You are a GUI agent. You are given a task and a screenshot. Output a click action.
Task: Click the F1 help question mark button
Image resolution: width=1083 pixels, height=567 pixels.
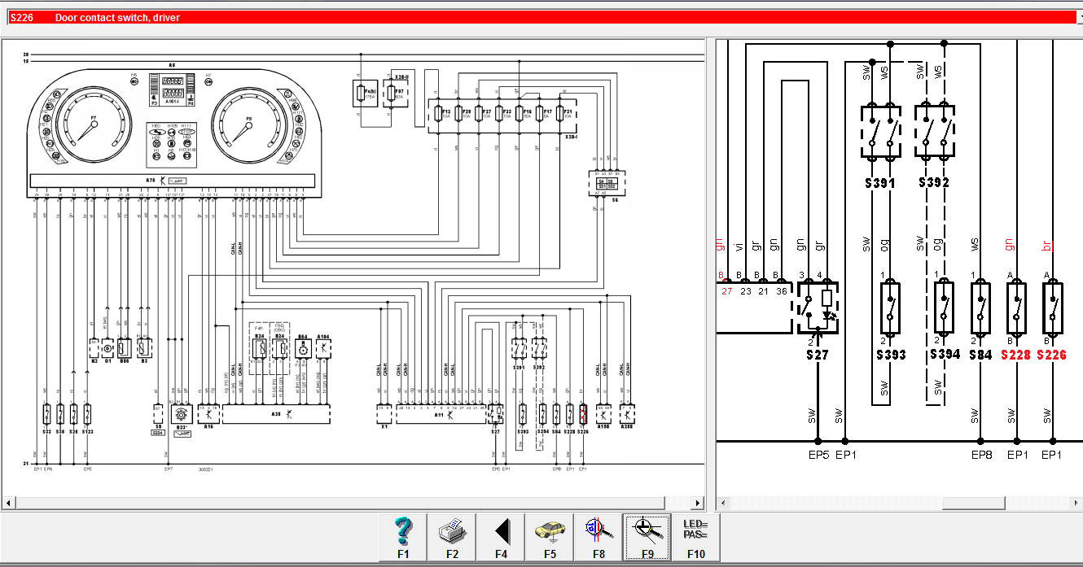point(403,536)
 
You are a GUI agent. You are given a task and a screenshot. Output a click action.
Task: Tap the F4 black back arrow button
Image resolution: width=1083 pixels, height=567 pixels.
point(501,536)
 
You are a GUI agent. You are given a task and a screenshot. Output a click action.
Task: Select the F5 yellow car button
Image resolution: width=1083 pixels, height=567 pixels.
point(550,536)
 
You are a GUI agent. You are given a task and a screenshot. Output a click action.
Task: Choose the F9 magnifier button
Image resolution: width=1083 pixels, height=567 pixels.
point(647,536)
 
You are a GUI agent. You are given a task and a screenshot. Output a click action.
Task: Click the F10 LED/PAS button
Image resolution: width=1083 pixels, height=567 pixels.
point(696,536)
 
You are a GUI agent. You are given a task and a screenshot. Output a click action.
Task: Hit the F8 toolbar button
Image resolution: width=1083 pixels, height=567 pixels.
point(598,536)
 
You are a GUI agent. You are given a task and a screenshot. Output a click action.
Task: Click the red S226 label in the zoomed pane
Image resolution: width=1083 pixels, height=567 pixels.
point(1051,355)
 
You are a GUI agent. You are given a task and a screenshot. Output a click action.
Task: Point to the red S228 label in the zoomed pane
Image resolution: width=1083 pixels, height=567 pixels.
point(1015,355)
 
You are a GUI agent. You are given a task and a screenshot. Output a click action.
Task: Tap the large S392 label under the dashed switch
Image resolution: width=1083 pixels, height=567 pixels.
point(933,183)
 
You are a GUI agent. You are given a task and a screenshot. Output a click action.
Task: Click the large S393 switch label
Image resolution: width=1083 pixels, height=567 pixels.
point(891,355)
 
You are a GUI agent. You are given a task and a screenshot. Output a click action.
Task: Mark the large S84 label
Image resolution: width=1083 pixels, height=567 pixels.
point(980,355)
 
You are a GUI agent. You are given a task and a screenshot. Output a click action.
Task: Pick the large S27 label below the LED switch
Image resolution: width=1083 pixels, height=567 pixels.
point(817,355)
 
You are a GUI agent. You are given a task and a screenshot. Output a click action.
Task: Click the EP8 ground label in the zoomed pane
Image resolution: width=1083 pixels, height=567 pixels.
point(980,455)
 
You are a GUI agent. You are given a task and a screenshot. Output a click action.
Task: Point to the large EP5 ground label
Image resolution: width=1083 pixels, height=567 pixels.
point(818,455)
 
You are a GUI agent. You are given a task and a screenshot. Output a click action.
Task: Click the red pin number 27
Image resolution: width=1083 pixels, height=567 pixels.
point(726,290)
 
